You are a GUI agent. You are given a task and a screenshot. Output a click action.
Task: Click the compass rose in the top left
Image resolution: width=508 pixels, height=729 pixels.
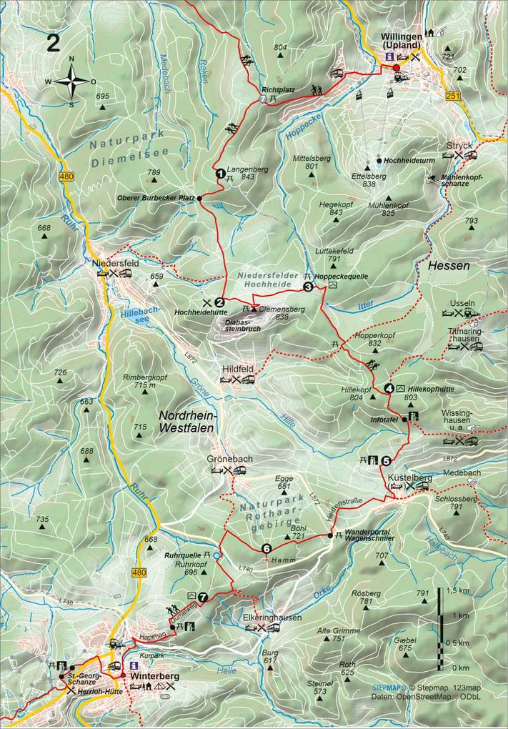(x=71, y=80)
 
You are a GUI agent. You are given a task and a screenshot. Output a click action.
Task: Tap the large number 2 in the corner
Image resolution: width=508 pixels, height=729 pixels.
(x=53, y=43)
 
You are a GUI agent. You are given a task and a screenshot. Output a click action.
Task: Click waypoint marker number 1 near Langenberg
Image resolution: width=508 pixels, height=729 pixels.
(x=221, y=172)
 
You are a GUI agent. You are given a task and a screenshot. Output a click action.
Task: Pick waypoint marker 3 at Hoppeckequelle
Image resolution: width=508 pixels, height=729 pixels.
(x=308, y=287)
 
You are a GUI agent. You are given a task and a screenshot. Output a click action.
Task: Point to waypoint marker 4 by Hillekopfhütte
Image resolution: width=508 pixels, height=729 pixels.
(x=389, y=388)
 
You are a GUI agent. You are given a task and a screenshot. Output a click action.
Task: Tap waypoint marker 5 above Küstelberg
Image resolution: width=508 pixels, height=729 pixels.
(x=386, y=461)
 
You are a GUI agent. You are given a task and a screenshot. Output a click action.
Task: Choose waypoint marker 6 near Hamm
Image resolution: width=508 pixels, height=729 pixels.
(x=266, y=549)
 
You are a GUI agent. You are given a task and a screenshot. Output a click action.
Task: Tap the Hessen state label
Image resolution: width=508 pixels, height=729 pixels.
(x=449, y=266)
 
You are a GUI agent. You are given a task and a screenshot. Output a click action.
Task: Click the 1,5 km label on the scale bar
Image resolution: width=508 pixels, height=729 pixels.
(x=458, y=591)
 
